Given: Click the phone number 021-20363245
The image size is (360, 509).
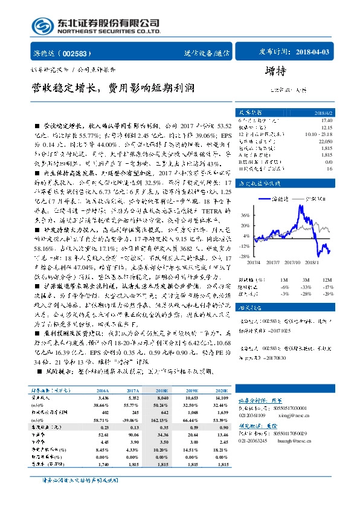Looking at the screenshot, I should pos(258,441).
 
